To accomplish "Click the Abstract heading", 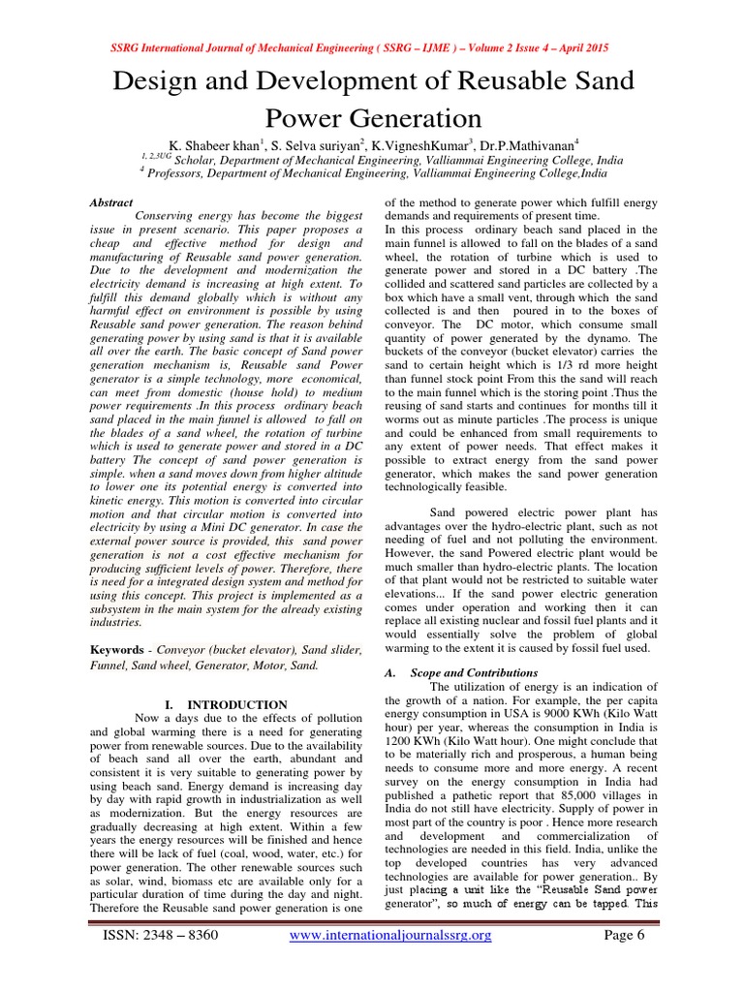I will pyautogui.click(x=111, y=202).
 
